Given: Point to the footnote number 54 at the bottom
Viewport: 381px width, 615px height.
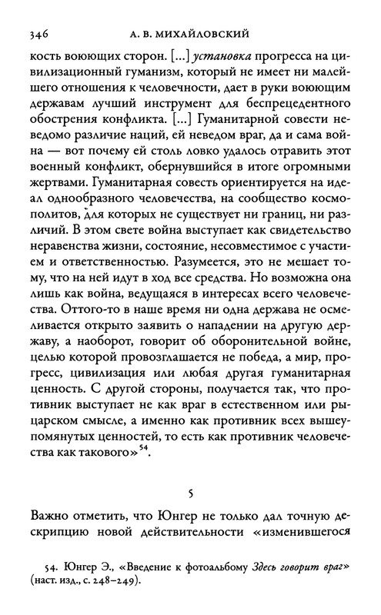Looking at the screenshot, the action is click(x=60, y=568).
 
